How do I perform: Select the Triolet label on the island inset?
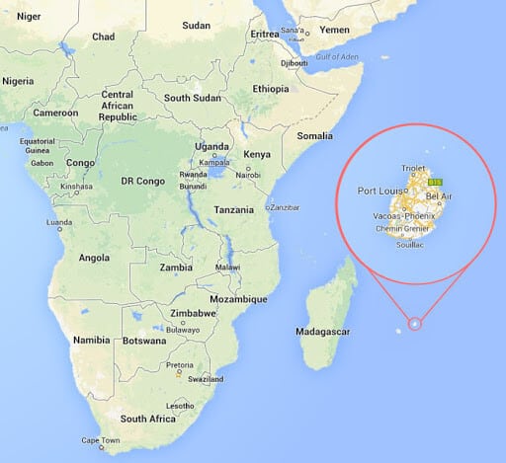coord(415,169)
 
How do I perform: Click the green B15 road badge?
coord(435,183)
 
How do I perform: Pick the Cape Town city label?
coord(100,440)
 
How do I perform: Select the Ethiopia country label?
coord(270,88)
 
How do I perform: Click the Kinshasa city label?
coord(76,186)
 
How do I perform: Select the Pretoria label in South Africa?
coord(180,365)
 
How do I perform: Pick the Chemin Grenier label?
coord(407,229)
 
